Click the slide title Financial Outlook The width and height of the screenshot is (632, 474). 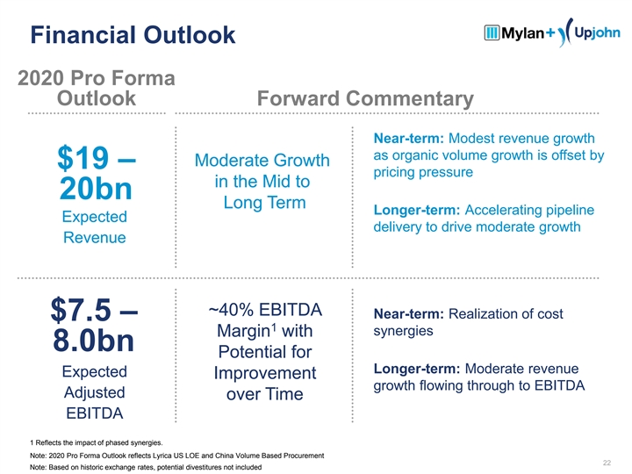133,36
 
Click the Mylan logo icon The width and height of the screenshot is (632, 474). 492,33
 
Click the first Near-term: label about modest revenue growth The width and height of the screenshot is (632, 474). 411,139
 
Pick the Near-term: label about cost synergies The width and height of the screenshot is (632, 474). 411,314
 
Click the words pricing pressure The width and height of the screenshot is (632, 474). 424,173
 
